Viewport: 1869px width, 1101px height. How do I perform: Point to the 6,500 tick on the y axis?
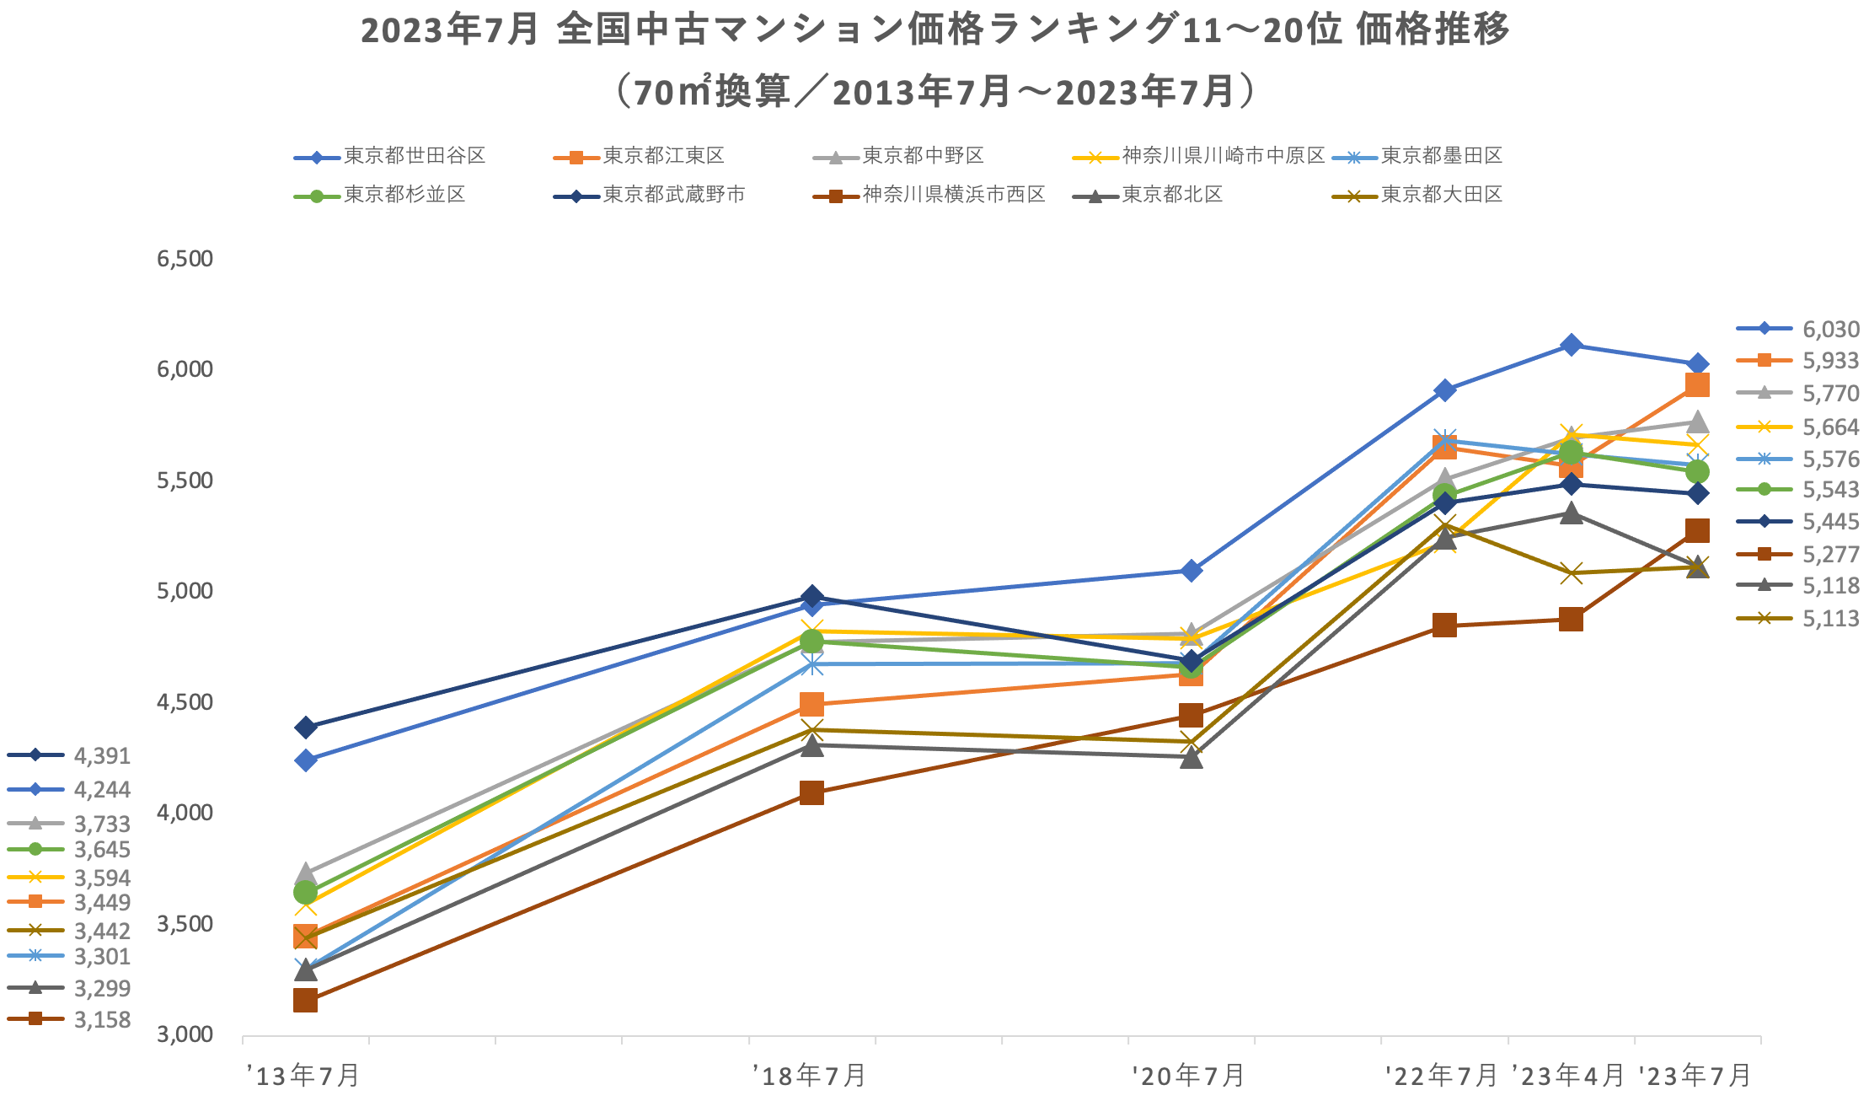[x=185, y=259]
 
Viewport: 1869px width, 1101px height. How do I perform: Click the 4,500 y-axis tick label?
[x=185, y=702]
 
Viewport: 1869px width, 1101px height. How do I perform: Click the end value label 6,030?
[x=1830, y=330]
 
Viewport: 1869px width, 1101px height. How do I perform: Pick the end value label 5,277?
[x=1830, y=555]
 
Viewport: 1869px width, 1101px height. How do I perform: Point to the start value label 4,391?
[x=102, y=756]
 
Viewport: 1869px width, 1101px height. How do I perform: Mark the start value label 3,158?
[x=102, y=1020]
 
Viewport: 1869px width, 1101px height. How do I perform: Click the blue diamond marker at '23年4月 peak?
[x=1571, y=345]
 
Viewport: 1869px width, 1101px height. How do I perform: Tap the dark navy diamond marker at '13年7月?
[x=305, y=728]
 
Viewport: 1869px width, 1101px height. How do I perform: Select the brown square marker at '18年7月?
[x=811, y=793]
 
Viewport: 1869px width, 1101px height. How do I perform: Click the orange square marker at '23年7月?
[x=1697, y=385]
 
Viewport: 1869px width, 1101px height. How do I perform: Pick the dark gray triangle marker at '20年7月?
[x=1191, y=758]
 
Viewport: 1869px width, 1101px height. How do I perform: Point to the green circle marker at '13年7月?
[x=305, y=892]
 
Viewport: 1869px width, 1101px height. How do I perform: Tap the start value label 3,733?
[x=102, y=824]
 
